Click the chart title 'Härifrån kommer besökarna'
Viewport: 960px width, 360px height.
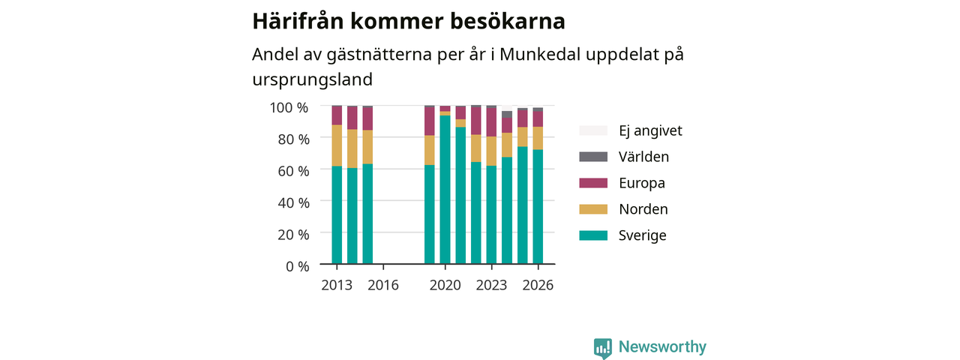(x=409, y=21)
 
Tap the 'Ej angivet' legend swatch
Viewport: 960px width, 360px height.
(x=593, y=130)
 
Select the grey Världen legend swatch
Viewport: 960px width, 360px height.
(x=593, y=157)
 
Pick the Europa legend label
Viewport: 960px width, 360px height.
(x=642, y=183)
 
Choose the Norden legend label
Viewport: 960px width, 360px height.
(x=643, y=209)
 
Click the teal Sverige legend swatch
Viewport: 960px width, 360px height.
(x=593, y=235)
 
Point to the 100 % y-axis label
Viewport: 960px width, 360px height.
(x=289, y=107)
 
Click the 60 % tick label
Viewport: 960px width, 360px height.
(x=293, y=171)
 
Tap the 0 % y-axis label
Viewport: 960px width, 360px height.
(x=298, y=266)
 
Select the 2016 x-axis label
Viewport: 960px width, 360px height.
(x=383, y=285)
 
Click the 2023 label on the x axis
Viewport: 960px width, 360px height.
(x=491, y=285)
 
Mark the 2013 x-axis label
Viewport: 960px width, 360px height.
(x=337, y=285)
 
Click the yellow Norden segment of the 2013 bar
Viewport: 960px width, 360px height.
(x=337, y=145)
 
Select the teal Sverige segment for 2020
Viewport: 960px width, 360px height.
(x=445, y=190)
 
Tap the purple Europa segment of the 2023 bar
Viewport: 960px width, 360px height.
(x=491, y=122)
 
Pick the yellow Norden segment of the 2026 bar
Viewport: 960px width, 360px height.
(x=538, y=138)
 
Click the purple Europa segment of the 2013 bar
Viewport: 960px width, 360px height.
(x=337, y=115)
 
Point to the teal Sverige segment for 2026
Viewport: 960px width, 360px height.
(x=538, y=206)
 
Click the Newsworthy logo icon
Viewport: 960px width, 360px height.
(x=603, y=347)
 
